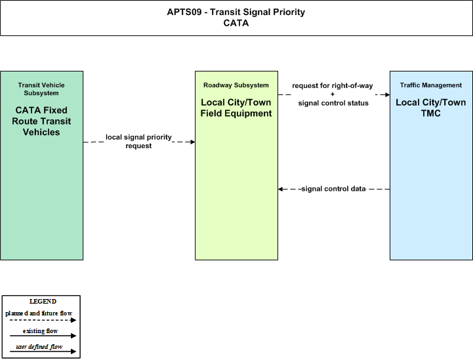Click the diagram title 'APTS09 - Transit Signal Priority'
(236, 12)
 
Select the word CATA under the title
(236, 23)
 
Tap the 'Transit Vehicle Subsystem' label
(41, 89)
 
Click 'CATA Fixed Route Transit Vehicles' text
(41, 121)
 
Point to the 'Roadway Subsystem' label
(236, 85)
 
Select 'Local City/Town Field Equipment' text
(236, 108)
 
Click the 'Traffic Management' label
(431, 85)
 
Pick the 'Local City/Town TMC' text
(431, 108)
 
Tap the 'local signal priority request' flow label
(138, 142)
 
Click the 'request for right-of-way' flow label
(333, 86)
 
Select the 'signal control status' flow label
(333, 103)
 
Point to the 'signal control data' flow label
(334, 189)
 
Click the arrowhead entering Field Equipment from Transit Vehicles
(193, 142)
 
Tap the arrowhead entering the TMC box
(388, 94)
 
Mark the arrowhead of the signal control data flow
(280, 189)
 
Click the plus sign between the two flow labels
(333, 94)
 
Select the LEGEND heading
(43, 302)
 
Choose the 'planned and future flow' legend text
(39, 313)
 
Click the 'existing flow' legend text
(40, 331)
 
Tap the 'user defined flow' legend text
(39, 347)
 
